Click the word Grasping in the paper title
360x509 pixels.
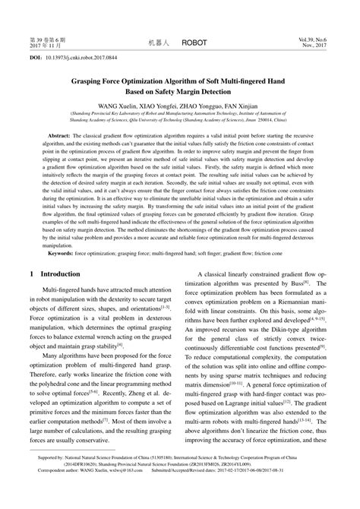click(89, 77)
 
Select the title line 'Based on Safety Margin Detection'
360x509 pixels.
click(180, 90)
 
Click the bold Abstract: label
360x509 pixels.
click(63, 134)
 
